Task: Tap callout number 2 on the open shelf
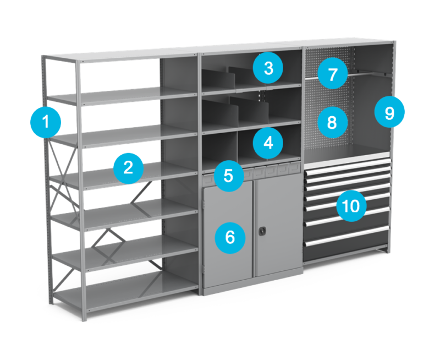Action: point(128,167)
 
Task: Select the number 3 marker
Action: point(268,69)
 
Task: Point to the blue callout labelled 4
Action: point(268,143)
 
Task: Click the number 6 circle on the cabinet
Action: point(230,237)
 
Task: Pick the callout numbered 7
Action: point(332,74)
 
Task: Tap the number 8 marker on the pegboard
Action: point(332,122)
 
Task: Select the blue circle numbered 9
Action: point(389,113)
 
